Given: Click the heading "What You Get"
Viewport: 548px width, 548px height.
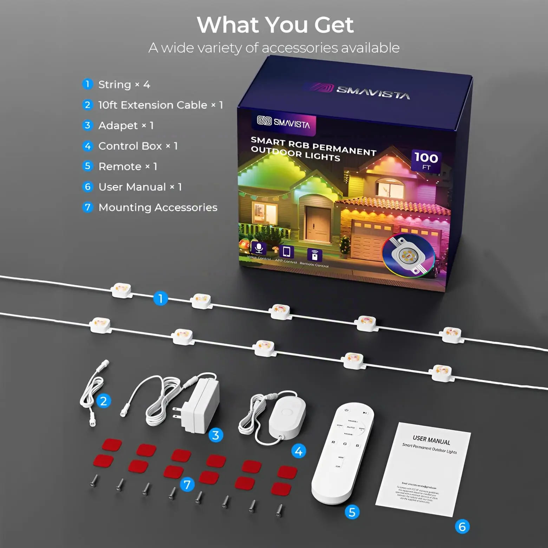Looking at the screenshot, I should click(x=275, y=25).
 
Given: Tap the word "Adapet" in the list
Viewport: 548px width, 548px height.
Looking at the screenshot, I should click(x=118, y=125).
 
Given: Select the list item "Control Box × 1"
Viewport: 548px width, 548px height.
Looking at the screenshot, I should click(x=138, y=146).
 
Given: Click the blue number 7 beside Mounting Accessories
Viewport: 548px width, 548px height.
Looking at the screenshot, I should click(x=87, y=207).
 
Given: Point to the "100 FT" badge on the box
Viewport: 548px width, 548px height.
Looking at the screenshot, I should click(x=426, y=161).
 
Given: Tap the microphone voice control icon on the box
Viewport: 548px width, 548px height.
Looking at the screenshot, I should click(x=259, y=248).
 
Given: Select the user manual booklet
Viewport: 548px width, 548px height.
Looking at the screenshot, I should click(x=423, y=469).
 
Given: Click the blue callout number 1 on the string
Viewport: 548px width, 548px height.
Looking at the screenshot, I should click(x=161, y=299).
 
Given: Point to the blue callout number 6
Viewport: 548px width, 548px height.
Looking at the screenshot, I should click(x=462, y=527).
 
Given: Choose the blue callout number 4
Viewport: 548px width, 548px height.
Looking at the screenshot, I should click(x=299, y=451).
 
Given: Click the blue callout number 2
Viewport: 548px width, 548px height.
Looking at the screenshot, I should click(x=103, y=401).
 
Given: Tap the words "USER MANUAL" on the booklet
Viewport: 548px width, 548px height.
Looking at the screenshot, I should click(x=431, y=440).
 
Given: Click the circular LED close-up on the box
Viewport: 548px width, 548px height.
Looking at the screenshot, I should click(x=409, y=255).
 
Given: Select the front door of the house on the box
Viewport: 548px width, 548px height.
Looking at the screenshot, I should click(x=317, y=223).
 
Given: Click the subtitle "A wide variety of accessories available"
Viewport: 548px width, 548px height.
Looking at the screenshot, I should click(x=274, y=48).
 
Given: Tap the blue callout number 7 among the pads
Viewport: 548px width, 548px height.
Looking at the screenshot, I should click(x=187, y=485).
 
